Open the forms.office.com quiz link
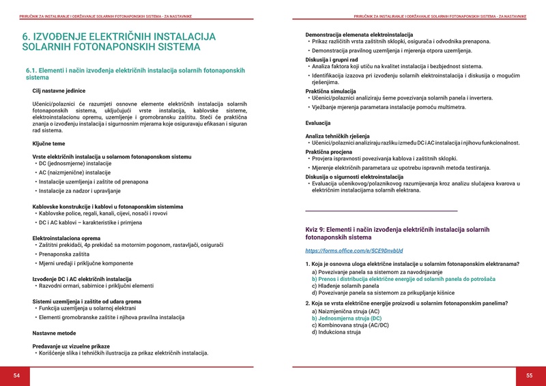pos(354,251)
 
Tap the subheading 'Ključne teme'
pos(49,144)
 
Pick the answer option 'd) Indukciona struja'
pos(336,332)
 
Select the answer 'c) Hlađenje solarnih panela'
pos(346,286)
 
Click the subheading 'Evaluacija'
pos(318,123)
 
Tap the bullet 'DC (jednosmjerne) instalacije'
pos(75,164)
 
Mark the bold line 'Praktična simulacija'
pos(330,91)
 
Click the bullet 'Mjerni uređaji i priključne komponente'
pos(86,263)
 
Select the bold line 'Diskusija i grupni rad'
pos(332,59)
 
